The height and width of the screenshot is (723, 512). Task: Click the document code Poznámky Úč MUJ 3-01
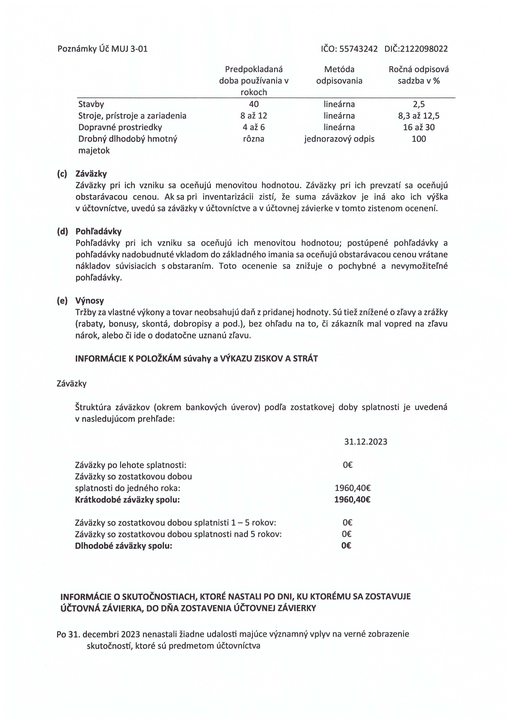tap(103, 49)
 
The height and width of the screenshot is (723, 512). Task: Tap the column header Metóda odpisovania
tap(339, 75)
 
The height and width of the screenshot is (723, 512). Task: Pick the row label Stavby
tap(91, 104)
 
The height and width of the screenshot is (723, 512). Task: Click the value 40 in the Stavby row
tap(254, 104)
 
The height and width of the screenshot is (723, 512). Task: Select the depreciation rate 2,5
tap(419, 104)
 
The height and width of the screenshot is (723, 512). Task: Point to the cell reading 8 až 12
tap(254, 116)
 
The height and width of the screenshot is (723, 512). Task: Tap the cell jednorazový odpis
tap(339, 139)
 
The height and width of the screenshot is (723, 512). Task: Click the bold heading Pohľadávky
tap(98, 232)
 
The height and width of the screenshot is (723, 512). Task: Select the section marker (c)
tap(62, 174)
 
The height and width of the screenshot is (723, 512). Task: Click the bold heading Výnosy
tap(90, 301)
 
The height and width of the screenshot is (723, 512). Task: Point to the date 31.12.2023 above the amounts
tap(366, 441)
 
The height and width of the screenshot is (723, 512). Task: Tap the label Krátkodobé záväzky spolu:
tap(127, 500)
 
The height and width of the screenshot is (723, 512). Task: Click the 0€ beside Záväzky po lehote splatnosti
tap(348, 465)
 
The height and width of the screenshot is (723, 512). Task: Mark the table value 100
tap(419, 139)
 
